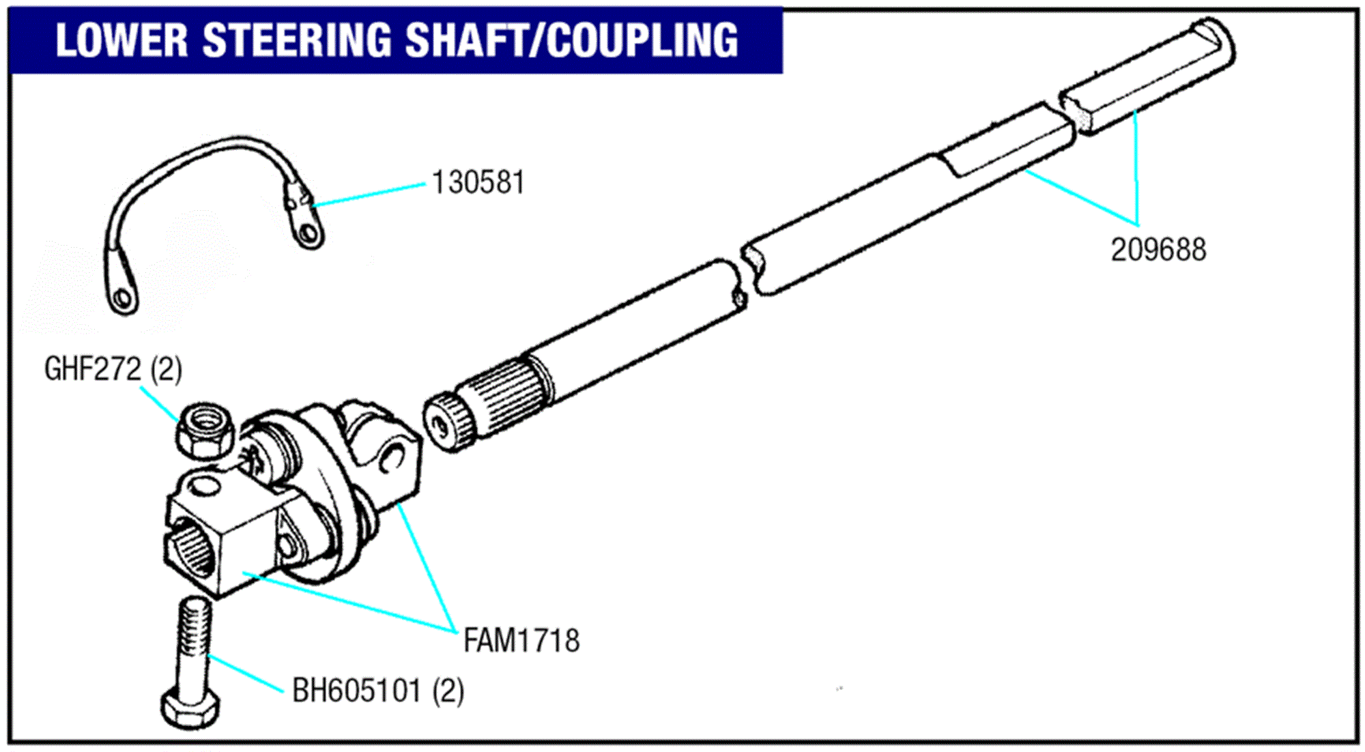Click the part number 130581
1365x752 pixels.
click(x=478, y=182)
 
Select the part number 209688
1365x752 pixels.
click(x=1158, y=250)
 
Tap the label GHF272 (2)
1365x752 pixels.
click(x=113, y=369)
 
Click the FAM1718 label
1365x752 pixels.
click(x=521, y=641)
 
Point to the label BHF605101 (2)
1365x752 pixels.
click(x=378, y=691)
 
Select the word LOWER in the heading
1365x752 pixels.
click(x=121, y=40)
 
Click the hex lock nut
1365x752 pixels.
click(x=205, y=430)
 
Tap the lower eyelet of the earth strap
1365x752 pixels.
click(x=123, y=299)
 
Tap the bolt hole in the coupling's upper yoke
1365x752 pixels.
click(x=392, y=456)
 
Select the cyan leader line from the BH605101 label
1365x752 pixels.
click(x=246, y=674)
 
